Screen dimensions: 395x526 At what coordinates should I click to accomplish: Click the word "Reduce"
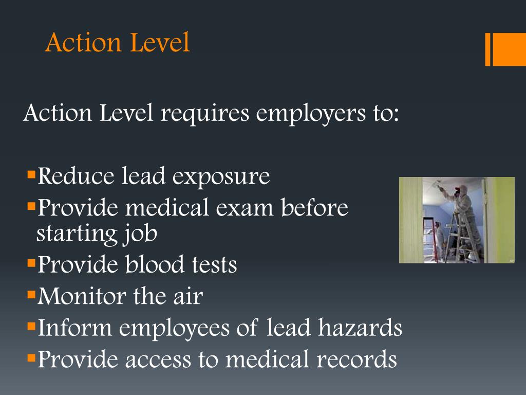(x=76, y=176)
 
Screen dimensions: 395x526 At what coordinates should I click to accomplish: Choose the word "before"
(x=315, y=208)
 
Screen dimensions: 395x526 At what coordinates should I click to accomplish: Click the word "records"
(x=356, y=359)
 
